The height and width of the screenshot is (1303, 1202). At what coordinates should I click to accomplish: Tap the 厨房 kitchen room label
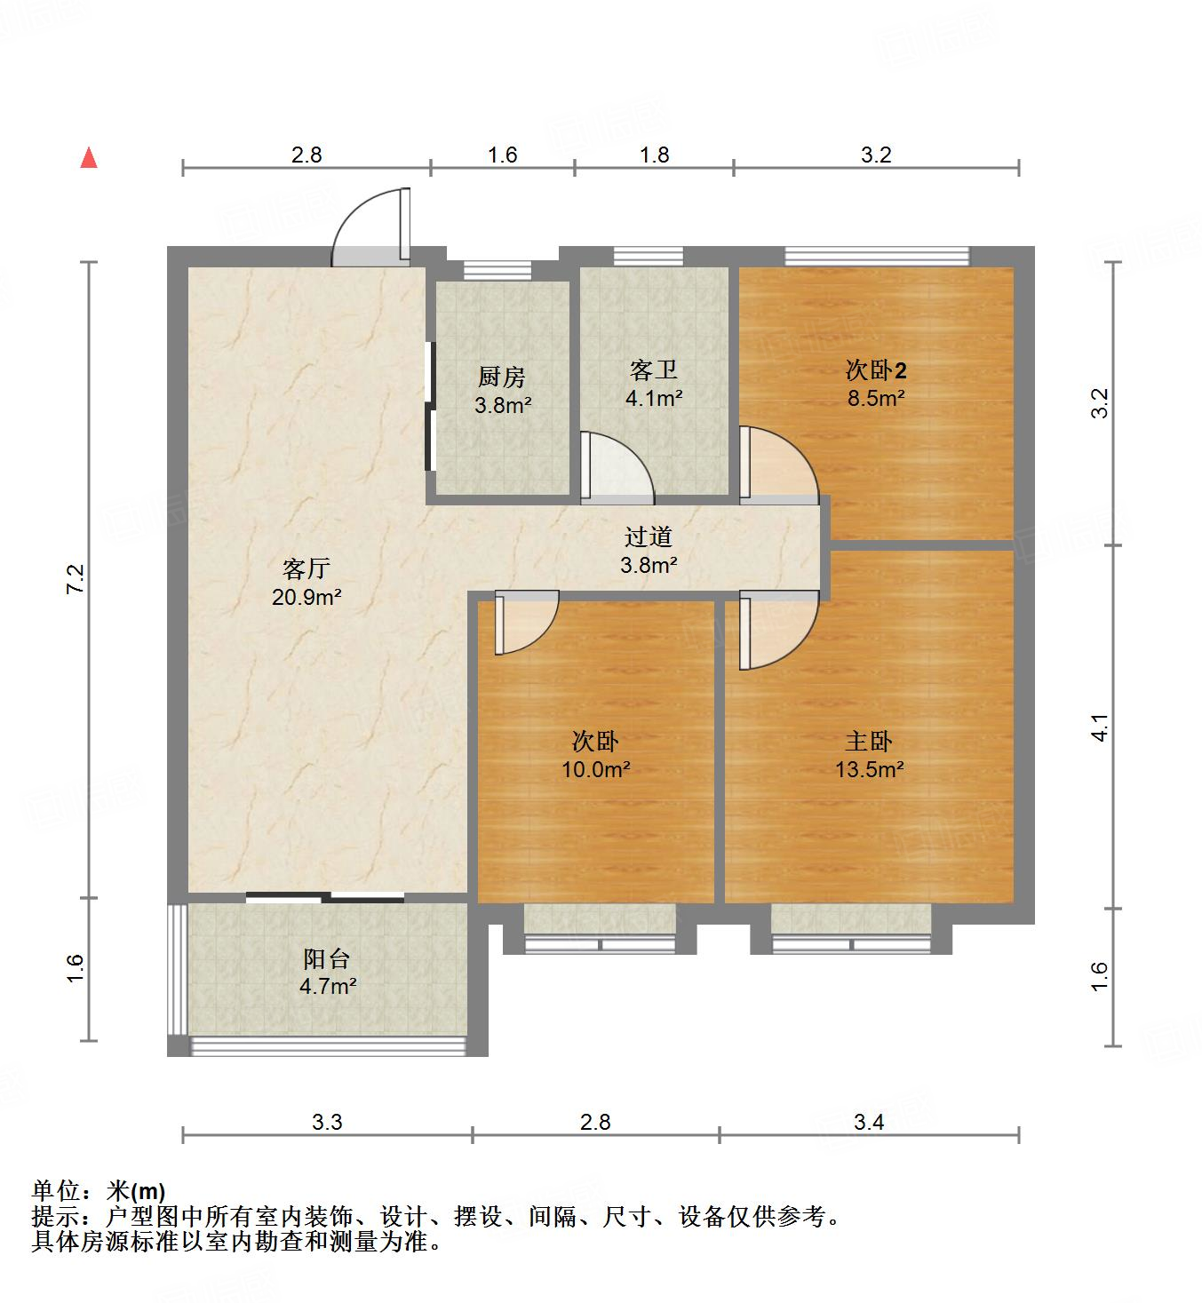click(502, 377)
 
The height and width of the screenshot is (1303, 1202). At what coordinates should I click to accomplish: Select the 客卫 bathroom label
click(654, 369)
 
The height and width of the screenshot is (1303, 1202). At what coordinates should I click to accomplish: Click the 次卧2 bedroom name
click(876, 369)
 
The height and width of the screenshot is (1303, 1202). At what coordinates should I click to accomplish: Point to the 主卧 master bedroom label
click(868, 741)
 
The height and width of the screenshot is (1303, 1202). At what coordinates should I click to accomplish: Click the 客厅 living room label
click(306, 568)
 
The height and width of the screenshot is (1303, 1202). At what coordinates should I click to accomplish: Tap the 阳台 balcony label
click(327, 959)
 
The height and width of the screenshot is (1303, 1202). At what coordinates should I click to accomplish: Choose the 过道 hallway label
click(649, 536)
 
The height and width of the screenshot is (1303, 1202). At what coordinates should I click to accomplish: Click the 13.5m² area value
click(870, 769)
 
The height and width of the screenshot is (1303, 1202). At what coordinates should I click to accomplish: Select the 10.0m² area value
click(595, 769)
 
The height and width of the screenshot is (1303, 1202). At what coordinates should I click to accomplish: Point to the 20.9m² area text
click(306, 597)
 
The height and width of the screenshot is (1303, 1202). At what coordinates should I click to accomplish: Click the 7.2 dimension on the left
click(75, 579)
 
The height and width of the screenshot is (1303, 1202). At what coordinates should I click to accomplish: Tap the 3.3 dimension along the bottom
click(327, 1123)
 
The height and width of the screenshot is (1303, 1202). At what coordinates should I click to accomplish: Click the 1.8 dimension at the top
click(654, 155)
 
